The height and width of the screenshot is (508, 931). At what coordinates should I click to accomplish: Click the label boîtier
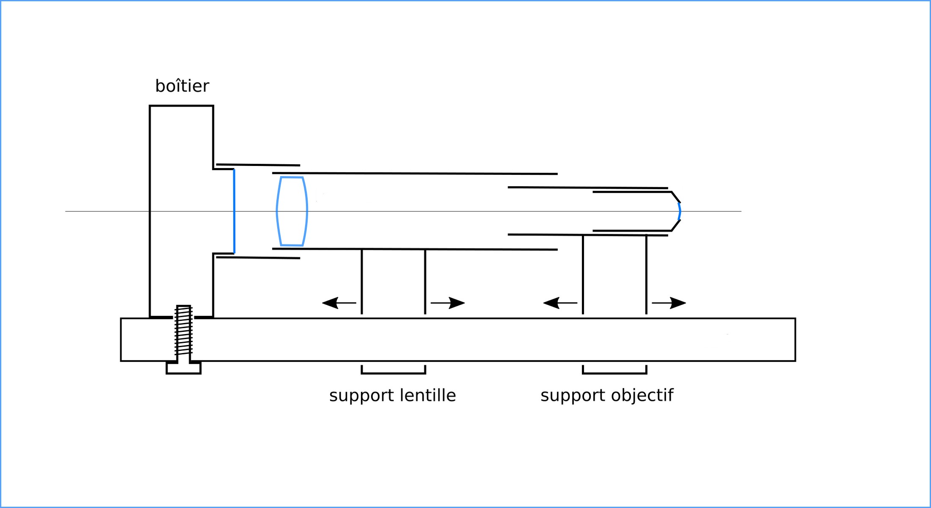(x=182, y=86)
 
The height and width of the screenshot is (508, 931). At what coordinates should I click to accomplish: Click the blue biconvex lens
(x=292, y=211)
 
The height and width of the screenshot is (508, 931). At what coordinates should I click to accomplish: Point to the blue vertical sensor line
(x=234, y=211)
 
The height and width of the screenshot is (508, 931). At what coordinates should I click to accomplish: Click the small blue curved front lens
(x=679, y=211)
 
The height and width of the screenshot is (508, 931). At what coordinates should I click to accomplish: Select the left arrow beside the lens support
(x=339, y=303)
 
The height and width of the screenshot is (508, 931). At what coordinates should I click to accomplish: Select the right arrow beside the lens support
(x=448, y=303)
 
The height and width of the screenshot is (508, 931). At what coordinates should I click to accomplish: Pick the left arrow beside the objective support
(x=559, y=303)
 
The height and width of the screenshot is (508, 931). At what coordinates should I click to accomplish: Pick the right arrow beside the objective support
(x=669, y=303)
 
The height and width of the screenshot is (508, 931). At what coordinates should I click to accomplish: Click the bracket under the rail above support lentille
(x=394, y=373)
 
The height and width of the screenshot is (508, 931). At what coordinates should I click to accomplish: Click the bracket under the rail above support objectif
(x=614, y=373)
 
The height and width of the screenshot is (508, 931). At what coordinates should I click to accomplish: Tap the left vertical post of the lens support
(x=362, y=282)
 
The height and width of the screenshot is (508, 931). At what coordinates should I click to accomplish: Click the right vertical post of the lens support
(x=425, y=282)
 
